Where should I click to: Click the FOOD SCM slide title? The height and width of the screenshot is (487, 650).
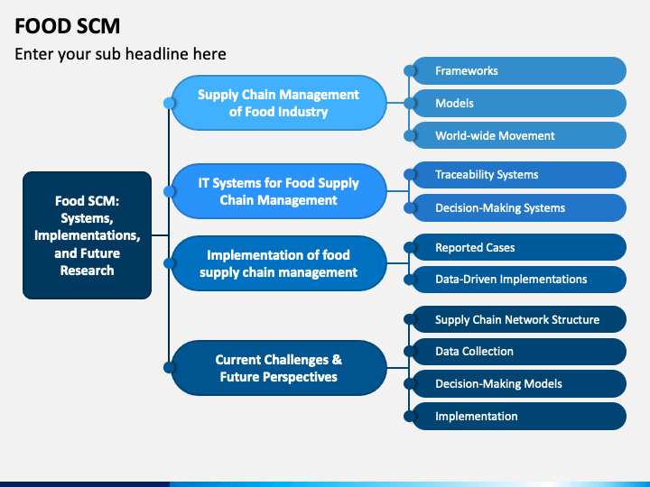[67, 26]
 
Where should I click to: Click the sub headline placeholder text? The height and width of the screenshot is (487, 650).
[120, 54]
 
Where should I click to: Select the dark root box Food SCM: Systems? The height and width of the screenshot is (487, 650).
[87, 235]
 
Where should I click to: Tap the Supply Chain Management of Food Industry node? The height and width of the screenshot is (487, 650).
[279, 103]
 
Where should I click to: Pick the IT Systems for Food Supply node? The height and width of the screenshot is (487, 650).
[279, 191]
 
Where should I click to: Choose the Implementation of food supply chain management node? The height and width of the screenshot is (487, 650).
[279, 263]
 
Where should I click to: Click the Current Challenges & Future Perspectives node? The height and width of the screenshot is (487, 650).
[279, 368]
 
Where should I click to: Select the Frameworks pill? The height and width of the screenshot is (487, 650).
[518, 71]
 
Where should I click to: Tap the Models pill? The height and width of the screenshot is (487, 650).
[518, 103]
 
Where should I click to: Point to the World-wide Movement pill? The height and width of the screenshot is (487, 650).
[518, 135]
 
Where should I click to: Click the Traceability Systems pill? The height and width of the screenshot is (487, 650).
[518, 175]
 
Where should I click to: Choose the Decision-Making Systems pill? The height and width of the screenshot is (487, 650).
[518, 208]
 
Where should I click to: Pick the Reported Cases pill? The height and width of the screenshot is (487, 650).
[518, 247]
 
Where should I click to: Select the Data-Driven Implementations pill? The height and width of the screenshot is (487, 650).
[518, 280]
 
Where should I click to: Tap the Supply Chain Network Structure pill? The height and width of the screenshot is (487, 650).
[518, 319]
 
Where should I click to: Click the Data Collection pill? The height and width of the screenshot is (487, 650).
[518, 352]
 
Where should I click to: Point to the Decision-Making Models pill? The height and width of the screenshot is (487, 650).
[518, 384]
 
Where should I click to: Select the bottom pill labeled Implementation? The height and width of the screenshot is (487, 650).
[518, 416]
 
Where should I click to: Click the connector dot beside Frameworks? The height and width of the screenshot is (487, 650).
[410, 71]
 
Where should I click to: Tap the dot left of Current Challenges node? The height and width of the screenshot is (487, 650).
[169, 367]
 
